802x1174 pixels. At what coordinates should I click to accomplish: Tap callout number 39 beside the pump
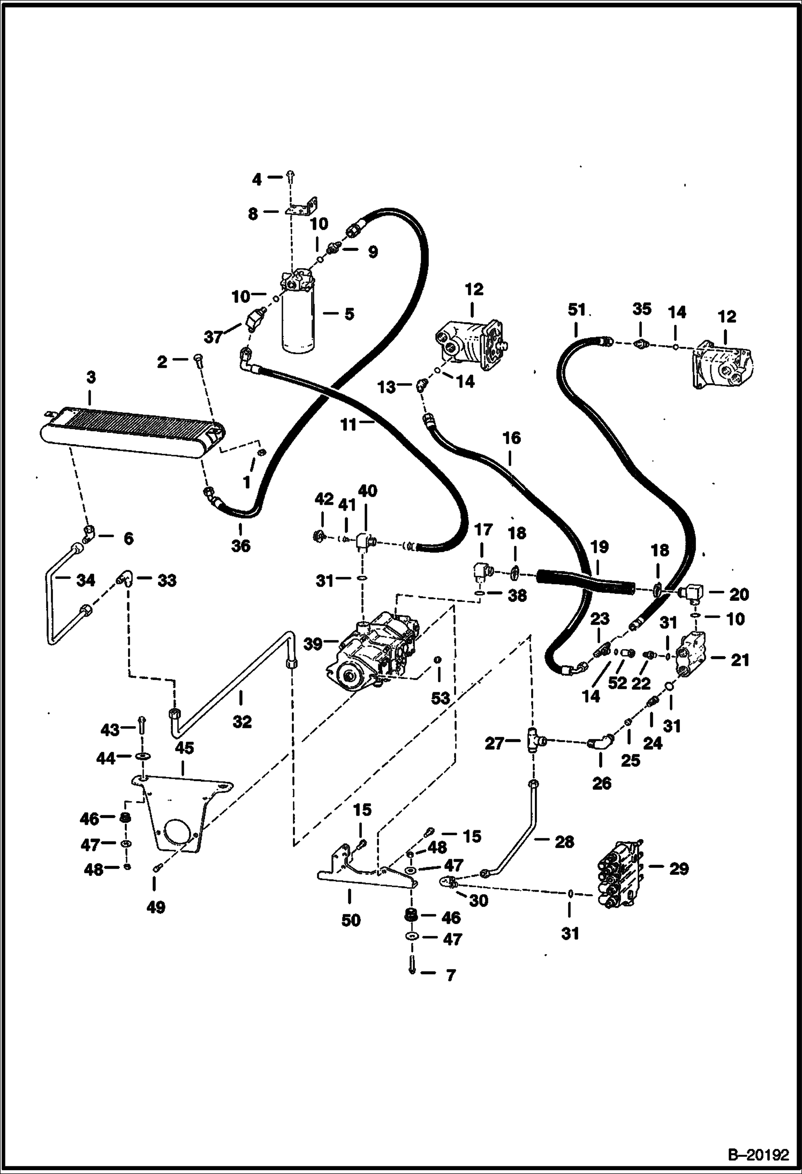tap(313, 643)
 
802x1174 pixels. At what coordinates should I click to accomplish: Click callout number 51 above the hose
tap(577, 310)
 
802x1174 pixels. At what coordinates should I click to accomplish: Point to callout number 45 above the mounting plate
tap(185, 748)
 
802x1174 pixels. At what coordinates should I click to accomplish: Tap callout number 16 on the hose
tap(512, 438)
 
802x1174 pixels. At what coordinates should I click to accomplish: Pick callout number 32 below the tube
tap(242, 722)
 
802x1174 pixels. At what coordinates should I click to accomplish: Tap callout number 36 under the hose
tap(241, 546)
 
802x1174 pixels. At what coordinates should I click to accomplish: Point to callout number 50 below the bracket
tap(351, 920)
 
